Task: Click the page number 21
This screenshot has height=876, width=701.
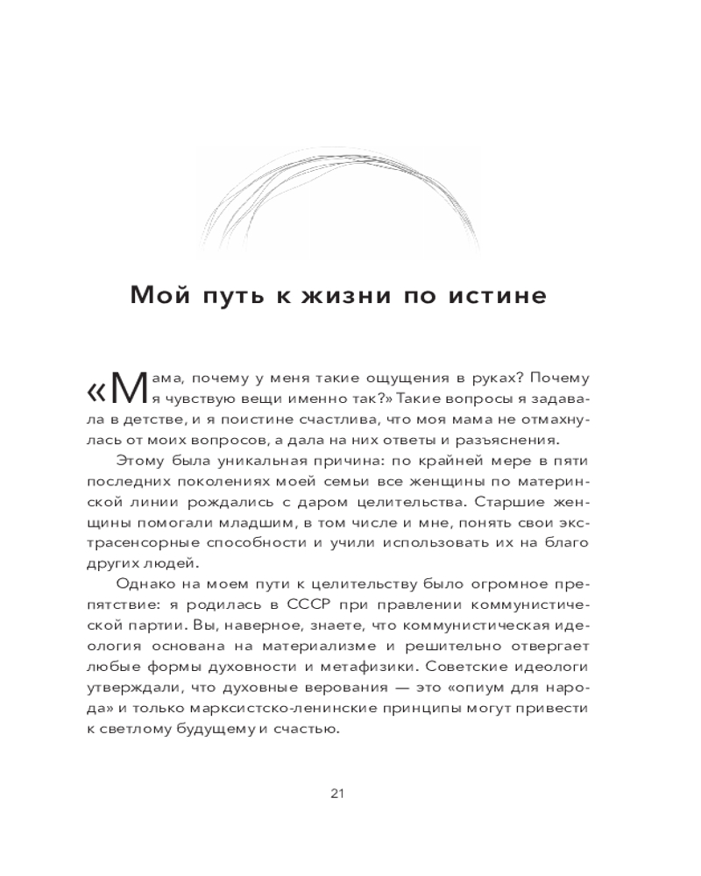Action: (338, 794)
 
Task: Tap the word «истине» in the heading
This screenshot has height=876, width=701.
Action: (496, 295)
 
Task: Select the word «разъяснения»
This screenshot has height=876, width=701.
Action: (520, 441)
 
